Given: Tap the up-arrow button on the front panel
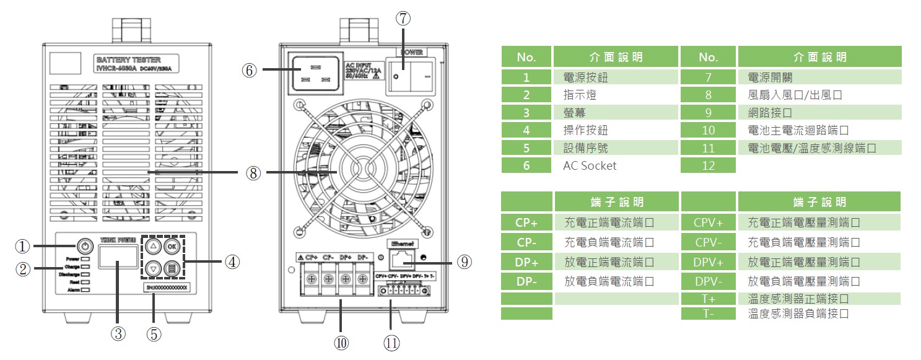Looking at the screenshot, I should click(x=155, y=245).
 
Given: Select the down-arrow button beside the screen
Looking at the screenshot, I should click(x=155, y=269).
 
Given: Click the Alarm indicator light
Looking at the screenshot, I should click(x=85, y=289).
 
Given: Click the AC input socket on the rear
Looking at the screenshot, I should click(x=313, y=72).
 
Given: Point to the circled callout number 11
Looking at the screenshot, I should click(x=391, y=342).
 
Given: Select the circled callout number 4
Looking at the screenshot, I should click(x=232, y=262).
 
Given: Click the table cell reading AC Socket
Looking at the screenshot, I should click(x=590, y=165).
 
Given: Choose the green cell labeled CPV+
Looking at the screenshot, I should click(x=708, y=222).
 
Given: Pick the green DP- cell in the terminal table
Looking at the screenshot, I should click(x=526, y=281).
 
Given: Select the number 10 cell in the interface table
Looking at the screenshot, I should click(x=708, y=130).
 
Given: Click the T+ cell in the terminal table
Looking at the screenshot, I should click(x=708, y=299).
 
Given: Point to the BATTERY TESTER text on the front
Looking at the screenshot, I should click(x=129, y=59).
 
